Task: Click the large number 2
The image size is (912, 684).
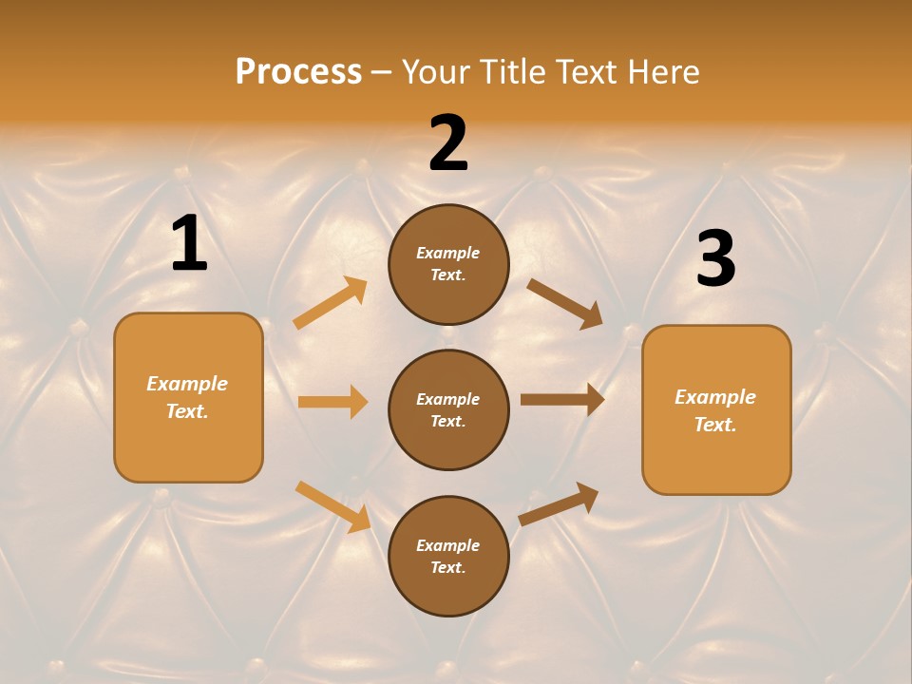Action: click(x=448, y=142)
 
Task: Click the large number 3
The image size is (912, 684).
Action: click(x=715, y=258)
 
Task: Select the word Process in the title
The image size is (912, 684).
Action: click(x=298, y=71)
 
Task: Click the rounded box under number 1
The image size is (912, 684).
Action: click(x=188, y=397)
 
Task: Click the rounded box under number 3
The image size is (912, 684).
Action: click(x=716, y=410)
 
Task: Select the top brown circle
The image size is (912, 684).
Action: click(x=448, y=264)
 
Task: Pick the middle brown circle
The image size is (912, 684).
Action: click(x=448, y=409)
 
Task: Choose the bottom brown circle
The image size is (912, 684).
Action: click(x=448, y=556)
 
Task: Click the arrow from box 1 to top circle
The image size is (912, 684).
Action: click(x=331, y=303)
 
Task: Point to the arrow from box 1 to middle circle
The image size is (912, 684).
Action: click(x=332, y=402)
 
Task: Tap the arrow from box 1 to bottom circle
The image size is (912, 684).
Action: click(x=332, y=505)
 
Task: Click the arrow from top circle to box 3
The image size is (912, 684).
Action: click(x=565, y=303)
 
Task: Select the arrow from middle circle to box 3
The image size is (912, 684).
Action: click(x=562, y=400)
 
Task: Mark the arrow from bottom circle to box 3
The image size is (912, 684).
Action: click(x=559, y=504)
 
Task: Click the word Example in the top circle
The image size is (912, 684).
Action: click(x=448, y=253)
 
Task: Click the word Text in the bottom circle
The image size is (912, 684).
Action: click(x=446, y=567)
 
